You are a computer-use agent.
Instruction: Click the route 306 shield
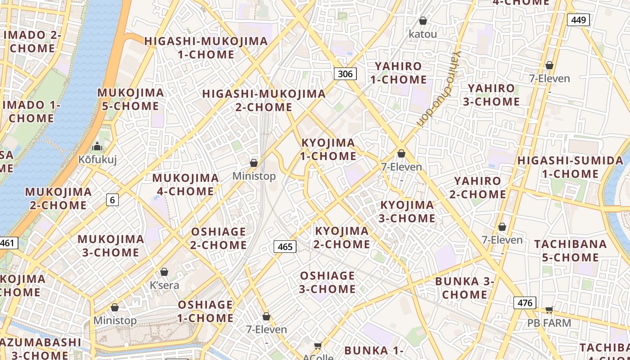(345, 74)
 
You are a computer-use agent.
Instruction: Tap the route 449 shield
(578, 20)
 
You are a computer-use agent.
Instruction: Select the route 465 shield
(285, 247)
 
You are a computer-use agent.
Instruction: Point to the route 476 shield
(525, 303)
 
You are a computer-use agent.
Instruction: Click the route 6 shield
(112, 200)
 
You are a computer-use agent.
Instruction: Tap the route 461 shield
(8, 243)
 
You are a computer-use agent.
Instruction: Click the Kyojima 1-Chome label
(328, 149)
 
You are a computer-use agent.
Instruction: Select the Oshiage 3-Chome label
(327, 282)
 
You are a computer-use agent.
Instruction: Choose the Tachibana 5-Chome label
(570, 251)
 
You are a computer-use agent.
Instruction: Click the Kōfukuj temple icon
(97, 147)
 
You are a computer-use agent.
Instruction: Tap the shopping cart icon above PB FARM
(549, 310)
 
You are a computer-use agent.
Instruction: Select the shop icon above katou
(423, 21)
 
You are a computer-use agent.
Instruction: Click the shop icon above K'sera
(164, 272)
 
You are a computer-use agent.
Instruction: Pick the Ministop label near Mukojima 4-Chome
(254, 176)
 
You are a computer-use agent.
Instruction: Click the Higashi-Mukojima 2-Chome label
(264, 100)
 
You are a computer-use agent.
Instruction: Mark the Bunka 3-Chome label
(464, 288)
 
